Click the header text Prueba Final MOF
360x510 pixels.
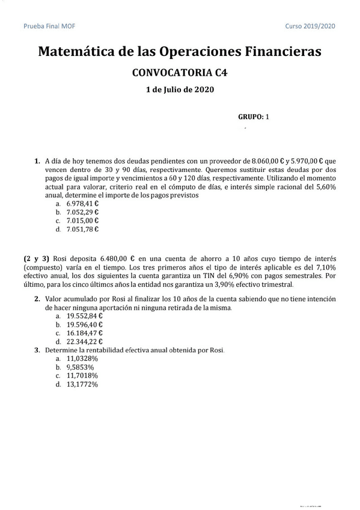click(49, 26)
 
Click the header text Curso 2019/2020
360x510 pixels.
click(311, 26)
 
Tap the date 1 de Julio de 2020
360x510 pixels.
click(180, 90)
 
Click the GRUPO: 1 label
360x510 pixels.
click(254, 117)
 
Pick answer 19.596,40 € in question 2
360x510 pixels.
click(84, 324)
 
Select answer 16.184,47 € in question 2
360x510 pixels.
click(84, 333)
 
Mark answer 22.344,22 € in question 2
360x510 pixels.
click(84, 341)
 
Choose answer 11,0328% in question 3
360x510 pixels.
click(82, 358)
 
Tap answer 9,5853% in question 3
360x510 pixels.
click(81, 367)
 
